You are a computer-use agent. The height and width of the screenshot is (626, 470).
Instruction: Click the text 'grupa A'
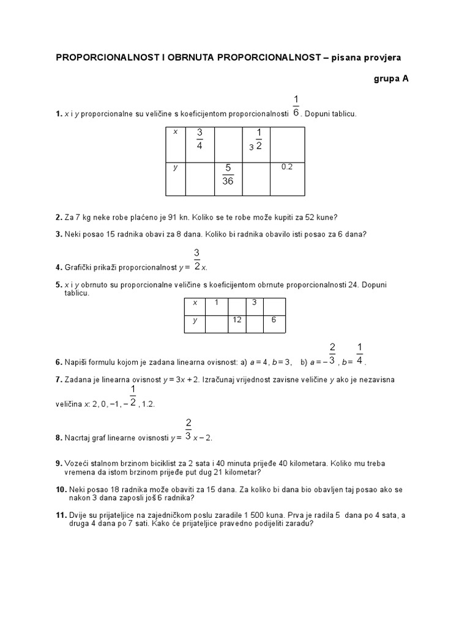[x=390, y=79]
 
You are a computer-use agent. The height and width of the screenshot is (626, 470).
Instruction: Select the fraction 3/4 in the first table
[x=199, y=139]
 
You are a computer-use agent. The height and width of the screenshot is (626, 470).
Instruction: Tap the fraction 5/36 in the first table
[x=228, y=175]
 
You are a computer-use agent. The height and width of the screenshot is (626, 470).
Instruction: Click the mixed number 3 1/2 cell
[x=256, y=139]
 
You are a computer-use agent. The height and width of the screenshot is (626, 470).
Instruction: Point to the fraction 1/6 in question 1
[x=296, y=105]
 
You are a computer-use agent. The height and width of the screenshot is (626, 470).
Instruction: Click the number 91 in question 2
[x=166, y=217]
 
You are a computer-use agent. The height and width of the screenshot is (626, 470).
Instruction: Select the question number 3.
[x=58, y=234]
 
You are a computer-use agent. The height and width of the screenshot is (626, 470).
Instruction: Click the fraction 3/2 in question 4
[x=197, y=259]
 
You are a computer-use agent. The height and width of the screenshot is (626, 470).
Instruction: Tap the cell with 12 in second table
[x=237, y=320]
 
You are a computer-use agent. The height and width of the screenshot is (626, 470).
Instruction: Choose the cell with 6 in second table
[x=274, y=320]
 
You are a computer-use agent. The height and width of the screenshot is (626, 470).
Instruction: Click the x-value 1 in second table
[x=215, y=303]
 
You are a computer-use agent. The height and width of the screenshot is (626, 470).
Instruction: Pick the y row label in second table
[x=195, y=320]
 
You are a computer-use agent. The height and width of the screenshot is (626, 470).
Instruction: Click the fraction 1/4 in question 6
[x=360, y=354]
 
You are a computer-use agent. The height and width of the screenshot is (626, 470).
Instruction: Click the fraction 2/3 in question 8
[x=188, y=430]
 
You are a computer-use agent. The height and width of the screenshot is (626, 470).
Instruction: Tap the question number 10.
[x=60, y=490]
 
